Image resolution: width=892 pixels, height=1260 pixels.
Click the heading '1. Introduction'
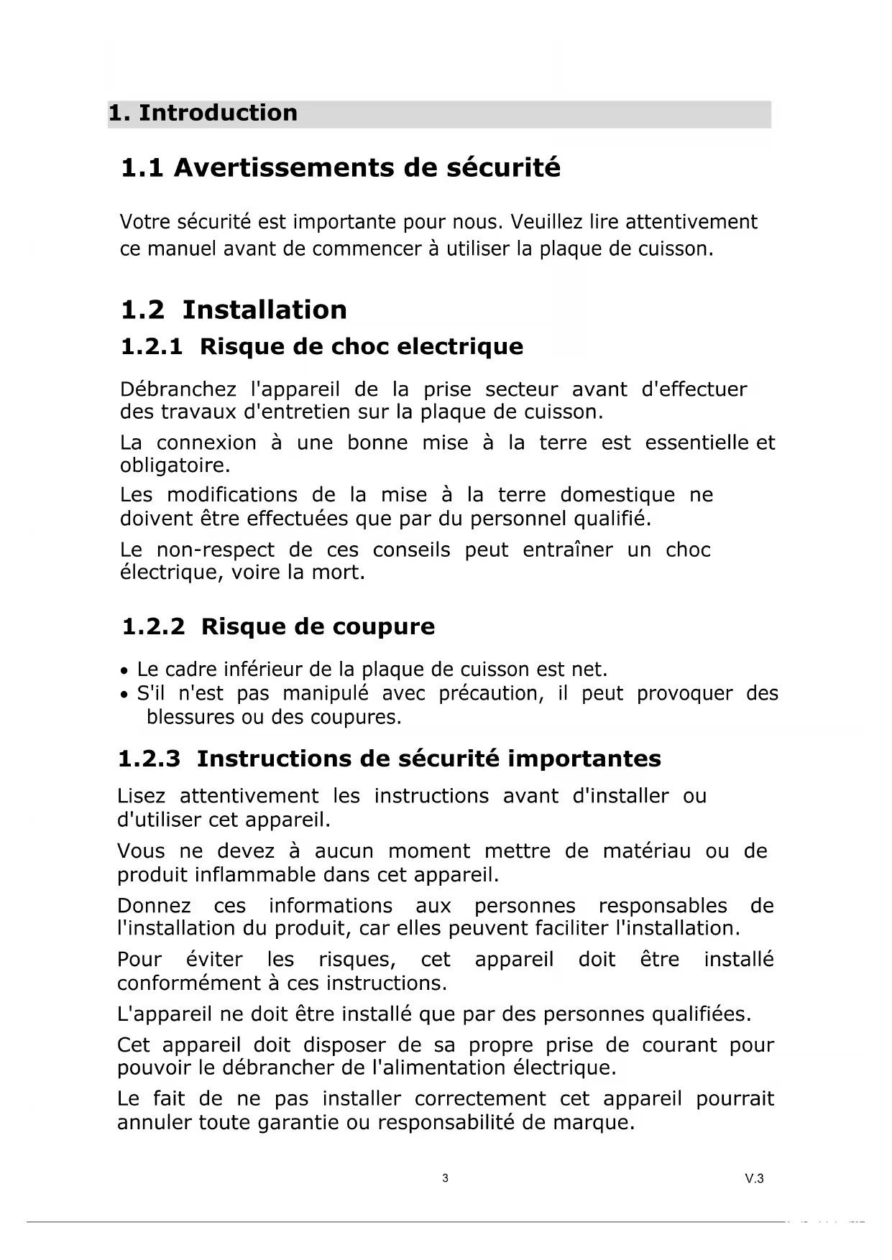click(x=203, y=113)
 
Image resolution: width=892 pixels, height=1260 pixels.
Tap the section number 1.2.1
click(x=152, y=347)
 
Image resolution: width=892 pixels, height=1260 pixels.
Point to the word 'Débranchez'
click(x=178, y=390)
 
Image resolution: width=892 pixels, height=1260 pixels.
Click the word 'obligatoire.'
click(x=175, y=465)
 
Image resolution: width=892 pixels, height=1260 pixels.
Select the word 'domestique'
click(x=617, y=495)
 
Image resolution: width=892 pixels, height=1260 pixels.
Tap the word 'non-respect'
click(x=216, y=550)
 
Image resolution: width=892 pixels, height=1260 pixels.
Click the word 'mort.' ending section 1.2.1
click(x=339, y=573)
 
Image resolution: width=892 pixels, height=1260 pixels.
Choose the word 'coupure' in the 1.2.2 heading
click(x=391, y=627)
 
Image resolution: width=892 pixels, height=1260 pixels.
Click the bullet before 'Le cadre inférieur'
click(x=125, y=671)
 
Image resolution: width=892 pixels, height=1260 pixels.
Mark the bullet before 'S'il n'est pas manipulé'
click(x=125, y=695)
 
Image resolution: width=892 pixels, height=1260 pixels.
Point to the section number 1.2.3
click(x=149, y=759)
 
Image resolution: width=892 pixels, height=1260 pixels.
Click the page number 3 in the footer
click(x=445, y=1178)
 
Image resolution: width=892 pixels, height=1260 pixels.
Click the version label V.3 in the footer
click(x=754, y=1178)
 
